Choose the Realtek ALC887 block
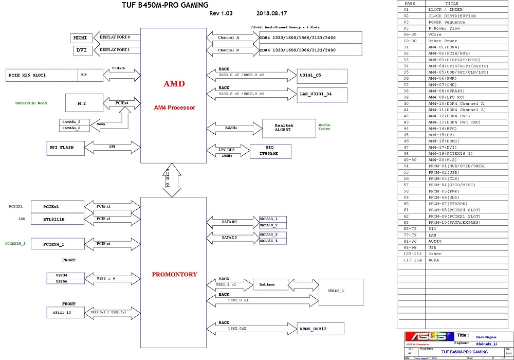pos(289,128)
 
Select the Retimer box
pos(267,284)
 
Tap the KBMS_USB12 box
pos(321,328)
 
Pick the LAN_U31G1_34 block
pos(322,94)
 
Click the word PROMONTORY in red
pos(174,275)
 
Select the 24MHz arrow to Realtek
pos(233,128)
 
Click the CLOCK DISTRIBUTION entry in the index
pos(452,16)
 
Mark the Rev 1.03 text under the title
pos(221,13)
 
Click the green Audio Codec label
pos(325,127)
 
